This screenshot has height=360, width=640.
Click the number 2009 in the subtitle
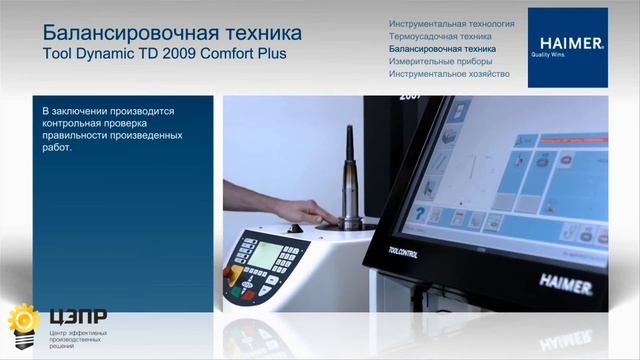[x=179, y=53]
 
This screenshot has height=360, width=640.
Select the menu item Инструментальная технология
[x=451, y=22]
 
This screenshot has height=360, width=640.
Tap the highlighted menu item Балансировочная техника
[x=441, y=48]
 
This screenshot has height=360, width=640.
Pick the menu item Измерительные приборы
[x=438, y=61]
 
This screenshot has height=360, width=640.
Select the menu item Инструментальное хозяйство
[x=450, y=74]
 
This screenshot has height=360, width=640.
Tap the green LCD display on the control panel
[x=265, y=254]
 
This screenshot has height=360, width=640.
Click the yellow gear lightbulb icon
[x=21, y=322]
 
